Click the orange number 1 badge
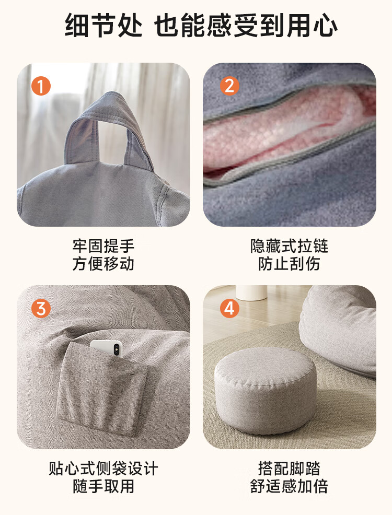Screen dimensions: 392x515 tap(41, 86)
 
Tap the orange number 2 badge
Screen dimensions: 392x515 tap(229, 86)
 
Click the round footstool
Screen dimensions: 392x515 tap(266, 391)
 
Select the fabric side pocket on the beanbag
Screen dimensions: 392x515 tap(101, 389)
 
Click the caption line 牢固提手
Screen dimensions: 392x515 tap(103, 245)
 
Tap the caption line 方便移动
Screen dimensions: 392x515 tap(103, 263)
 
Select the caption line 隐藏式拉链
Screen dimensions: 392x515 tap(289, 245)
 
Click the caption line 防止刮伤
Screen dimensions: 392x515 tap(289, 263)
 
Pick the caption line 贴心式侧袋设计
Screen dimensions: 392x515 tap(103, 469)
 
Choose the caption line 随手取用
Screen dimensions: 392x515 tap(103, 486)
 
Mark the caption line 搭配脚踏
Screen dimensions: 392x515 tap(289, 469)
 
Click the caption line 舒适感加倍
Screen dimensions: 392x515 tap(289, 486)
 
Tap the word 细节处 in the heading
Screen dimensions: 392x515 tap(103, 25)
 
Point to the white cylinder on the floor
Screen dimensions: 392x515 tap(251, 292)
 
